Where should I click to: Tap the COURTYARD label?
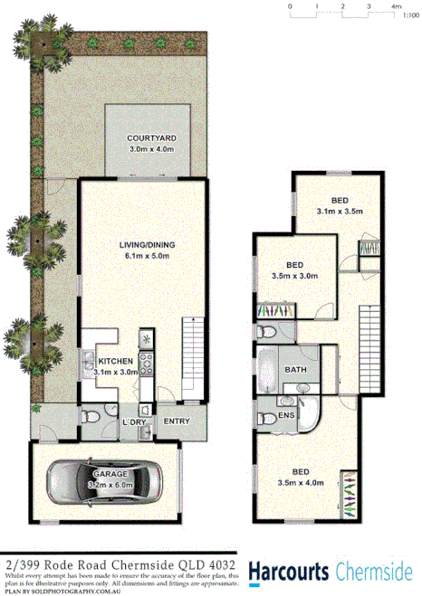click(150, 137)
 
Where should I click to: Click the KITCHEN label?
click(115, 361)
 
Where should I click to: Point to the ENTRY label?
click(176, 421)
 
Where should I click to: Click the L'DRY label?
click(134, 421)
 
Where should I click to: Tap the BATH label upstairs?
click(295, 370)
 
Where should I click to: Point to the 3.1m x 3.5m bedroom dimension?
click(340, 212)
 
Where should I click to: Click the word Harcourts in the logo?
click(288, 572)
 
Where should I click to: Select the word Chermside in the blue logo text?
click(373, 572)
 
